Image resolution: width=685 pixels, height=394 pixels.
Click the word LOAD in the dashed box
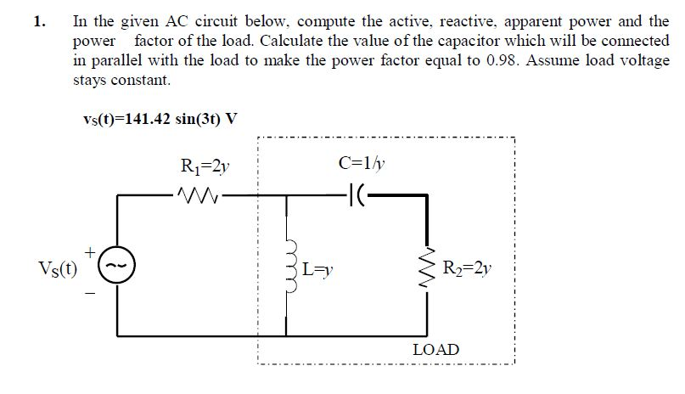tap(435, 349)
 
